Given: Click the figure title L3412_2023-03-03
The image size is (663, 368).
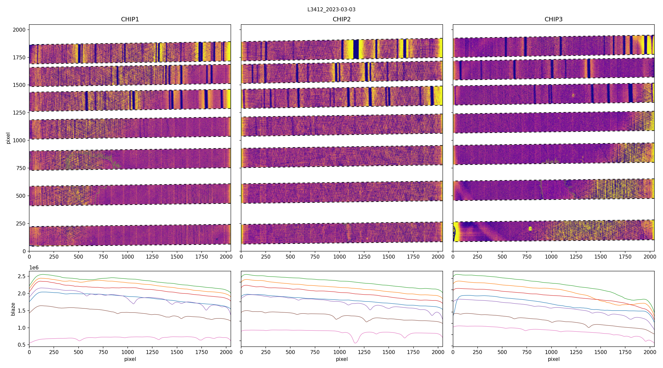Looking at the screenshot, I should pyautogui.click(x=331, y=10).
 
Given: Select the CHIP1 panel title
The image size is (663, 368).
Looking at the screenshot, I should pyautogui.click(x=130, y=19).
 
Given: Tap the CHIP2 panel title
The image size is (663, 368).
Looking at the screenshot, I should pyautogui.click(x=342, y=19).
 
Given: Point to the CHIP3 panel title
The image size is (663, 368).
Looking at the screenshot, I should pyautogui.click(x=553, y=19).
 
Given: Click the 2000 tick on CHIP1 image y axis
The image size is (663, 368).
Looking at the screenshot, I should pyautogui.click(x=19, y=30).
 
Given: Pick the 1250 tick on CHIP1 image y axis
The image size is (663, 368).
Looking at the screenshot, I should pyautogui.click(x=19, y=113).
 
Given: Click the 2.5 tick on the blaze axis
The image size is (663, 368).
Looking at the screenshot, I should pyautogui.click(x=22, y=276).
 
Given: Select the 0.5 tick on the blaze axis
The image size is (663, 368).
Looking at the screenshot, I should pyautogui.click(x=22, y=345).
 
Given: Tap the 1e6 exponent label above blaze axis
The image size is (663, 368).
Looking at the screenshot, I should pyautogui.click(x=34, y=268).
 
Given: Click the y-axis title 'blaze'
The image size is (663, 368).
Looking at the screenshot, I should pyautogui.click(x=13, y=309).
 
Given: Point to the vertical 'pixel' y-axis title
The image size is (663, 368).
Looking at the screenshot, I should pyautogui.click(x=8, y=138).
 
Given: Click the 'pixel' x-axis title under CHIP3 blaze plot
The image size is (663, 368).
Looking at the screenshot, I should pyautogui.click(x=553, y=359).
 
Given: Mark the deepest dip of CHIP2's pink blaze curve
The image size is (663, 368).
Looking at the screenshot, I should pyautogui.click(x=355, y=343).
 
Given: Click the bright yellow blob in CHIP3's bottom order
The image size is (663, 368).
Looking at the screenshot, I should pyautogui.click(x=530, y=228).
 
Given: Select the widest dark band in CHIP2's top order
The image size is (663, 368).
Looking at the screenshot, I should pyautogui.click(x=356, y=49).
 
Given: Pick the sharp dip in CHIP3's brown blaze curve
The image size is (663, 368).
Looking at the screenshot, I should pyautogui.click(x=589, y=327).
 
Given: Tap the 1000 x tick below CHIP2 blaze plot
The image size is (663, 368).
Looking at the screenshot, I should pyautogui.click(x=339, y=352).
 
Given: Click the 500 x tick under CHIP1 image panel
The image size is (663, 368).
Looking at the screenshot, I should pyautogui.click(x=79, y=257).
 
